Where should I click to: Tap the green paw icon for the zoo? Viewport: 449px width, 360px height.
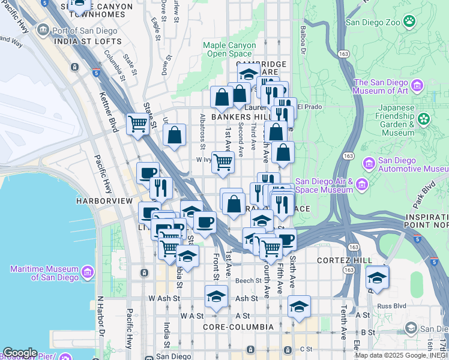pyautogui.click(x=409, y=22)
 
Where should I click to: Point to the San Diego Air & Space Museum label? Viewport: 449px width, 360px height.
pyautogui.click(x=324, y=186)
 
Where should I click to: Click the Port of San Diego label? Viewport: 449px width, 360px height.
pyautogui.click(x=77, y=31)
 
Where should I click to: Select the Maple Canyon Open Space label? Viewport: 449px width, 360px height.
pyautogui.click(x=227, y=49)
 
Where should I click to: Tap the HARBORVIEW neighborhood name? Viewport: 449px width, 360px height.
pyautogui.click(x=104, y=200)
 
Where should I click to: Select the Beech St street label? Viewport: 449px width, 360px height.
pyautogui.click(x=248, y=281)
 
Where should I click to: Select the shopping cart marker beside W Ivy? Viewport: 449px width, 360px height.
pyautogui.click(x=223, y=161)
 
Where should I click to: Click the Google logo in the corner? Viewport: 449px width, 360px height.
pyautogui.click(x=20, y=353)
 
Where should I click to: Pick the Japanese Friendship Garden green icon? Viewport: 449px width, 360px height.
pyautogui.click(x=425, y=119)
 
